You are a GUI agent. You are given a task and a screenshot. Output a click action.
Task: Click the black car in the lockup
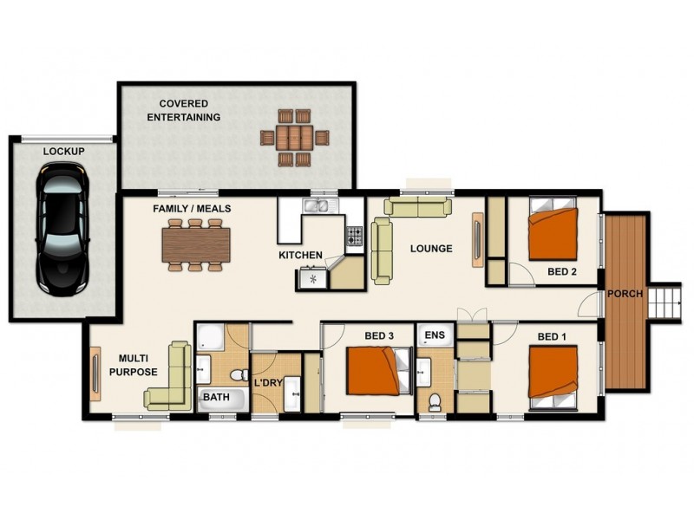click(63, 230)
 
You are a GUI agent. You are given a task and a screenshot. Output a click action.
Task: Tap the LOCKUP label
click(64, 152)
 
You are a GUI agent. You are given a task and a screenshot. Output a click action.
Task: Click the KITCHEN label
click(300, 256)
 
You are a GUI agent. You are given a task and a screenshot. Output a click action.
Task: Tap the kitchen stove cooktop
click(354, 235)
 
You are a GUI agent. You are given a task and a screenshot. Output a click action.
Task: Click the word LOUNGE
click(431, 249)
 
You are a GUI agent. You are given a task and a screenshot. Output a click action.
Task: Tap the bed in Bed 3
click(374, 371)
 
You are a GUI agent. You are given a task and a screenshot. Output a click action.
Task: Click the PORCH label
click(625, 294)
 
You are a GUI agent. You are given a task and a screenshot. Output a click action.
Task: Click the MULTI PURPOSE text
click(138, 365)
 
